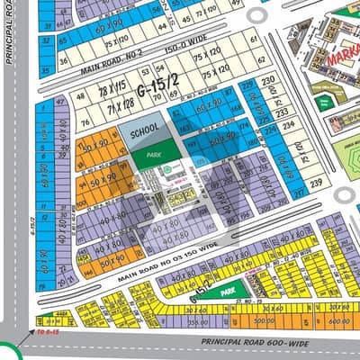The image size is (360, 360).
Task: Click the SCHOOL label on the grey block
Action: tap(144, 131)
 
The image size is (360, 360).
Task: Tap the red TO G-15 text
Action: tap(45, 332)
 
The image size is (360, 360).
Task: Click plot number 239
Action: tap(316, 184)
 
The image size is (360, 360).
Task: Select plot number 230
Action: tap(268, 80)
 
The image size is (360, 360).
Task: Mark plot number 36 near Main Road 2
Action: tap(63, 61)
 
